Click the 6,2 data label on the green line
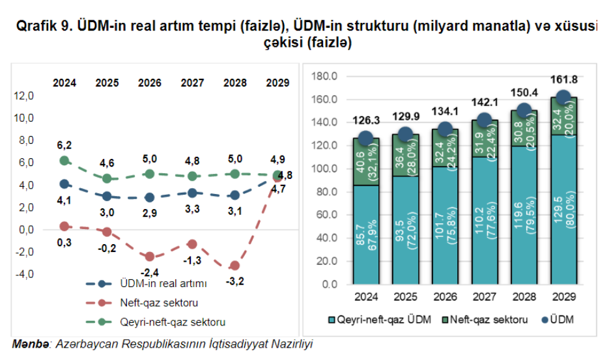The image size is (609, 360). pyautogui.click(x=64, y=145)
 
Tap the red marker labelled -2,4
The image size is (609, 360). pyautogui.click(x=150, y=256)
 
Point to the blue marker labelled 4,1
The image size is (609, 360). pyautogui.click(x=64, y=184)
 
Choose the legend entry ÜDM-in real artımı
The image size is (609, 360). pyautogui.click(x=163, y=284)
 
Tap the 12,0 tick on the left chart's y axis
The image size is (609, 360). pyautogui.click(x=23, y=96)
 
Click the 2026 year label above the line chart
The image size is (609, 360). pyautogui.click(x=150, y=83)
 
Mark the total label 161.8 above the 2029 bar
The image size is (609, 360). pyautogui.click(x=563, y=79)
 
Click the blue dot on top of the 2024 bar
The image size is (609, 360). pyautogui.click(x=366, y=138)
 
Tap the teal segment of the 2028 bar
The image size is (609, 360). pyautogui.click(x=524, y=215)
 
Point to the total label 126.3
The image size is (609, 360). pyautogui.click(x=366, y=120)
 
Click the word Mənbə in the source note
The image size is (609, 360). pyautogui.click(x=31, y=343)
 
